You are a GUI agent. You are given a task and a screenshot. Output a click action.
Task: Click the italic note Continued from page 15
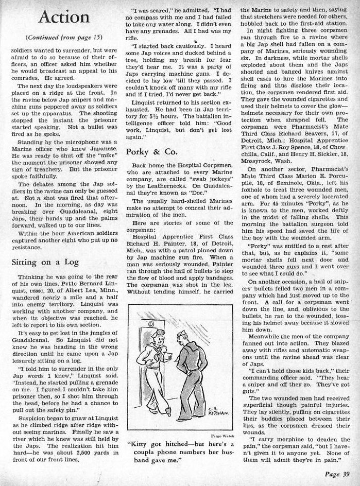(60, 38)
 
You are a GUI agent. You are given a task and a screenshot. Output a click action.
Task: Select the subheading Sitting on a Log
(45, 262)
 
